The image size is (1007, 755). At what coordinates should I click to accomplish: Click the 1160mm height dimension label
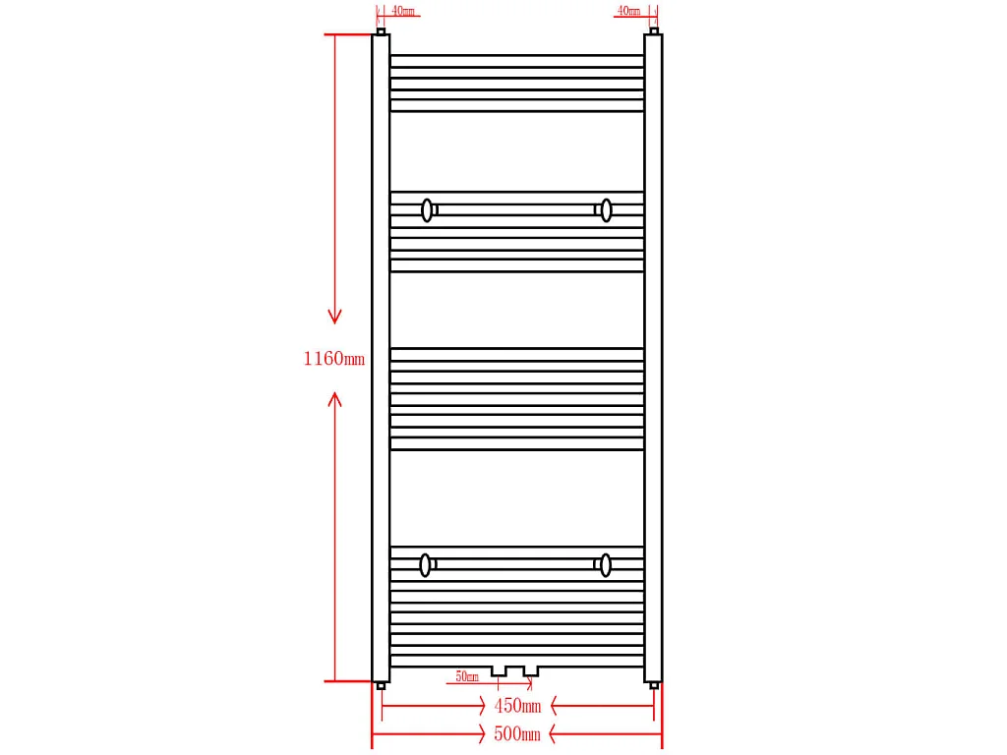coord(334,358)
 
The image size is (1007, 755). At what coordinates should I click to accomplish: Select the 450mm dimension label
coord(517,706)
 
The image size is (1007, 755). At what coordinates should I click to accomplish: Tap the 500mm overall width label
coord(517,733)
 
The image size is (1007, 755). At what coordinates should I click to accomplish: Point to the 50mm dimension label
coord(467,676)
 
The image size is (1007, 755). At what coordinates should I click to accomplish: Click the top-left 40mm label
coord(403,11)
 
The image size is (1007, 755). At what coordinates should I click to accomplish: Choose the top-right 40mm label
coord(628,11)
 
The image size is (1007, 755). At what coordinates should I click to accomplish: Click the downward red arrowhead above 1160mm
coord(334,316)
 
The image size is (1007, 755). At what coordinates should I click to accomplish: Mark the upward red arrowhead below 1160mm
coord(334,399)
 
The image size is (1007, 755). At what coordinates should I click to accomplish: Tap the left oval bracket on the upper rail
coord(427,210)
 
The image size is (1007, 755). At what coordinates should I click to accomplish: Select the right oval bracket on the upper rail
coord(606,210)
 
